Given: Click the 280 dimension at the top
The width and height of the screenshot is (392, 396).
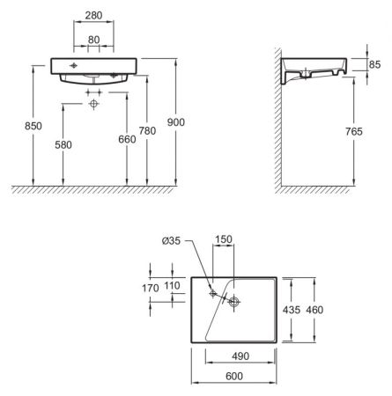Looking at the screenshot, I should tap(92, 16).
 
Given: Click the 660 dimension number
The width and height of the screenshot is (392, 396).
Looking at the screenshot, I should tap(128, 139).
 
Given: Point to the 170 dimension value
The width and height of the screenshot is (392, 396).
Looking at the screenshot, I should tap(150, 288).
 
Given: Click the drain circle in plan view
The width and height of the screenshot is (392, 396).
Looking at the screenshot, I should tap(234, 302).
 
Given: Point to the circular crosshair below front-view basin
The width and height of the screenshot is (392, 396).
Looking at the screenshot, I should tap(94, 104).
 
